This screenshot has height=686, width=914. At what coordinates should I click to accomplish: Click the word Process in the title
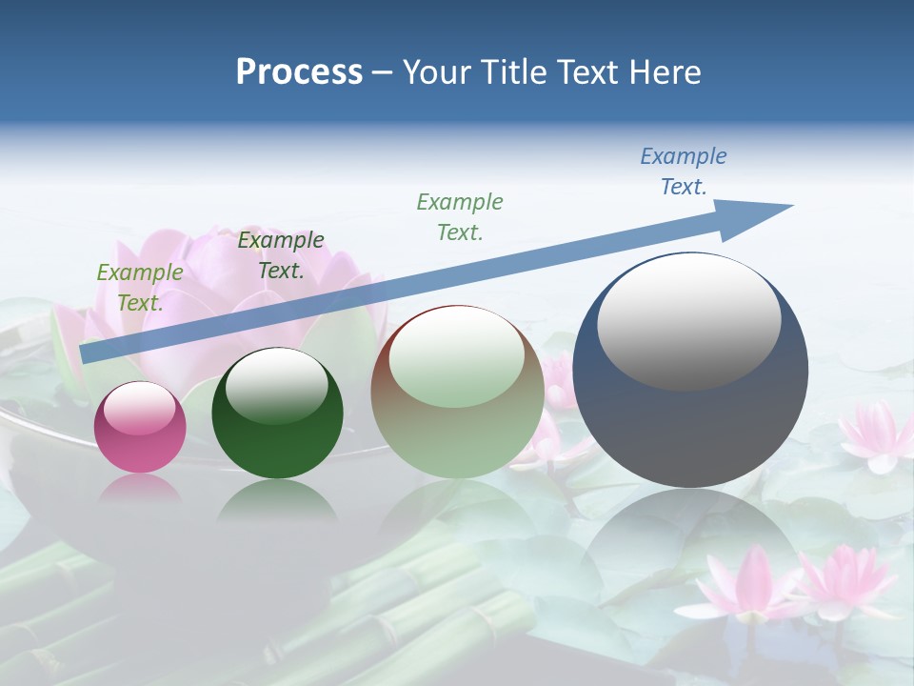(299, 72)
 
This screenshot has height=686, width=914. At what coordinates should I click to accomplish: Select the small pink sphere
(140, 428)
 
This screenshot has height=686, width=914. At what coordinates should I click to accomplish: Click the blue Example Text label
(684, 171)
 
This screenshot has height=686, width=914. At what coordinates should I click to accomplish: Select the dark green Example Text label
(281, 255)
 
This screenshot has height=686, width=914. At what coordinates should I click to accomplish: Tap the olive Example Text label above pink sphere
(140, 288)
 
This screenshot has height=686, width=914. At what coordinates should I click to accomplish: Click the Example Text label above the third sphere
(460, 217)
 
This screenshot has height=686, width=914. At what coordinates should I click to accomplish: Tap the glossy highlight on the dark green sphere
(277, 386)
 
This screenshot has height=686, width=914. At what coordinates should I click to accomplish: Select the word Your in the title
(435, 72)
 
